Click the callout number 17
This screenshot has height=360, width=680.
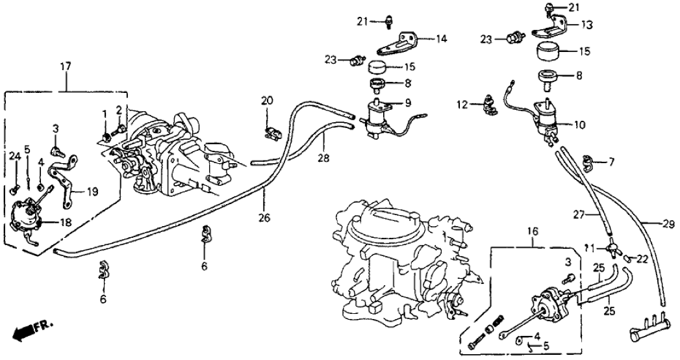point(66,66)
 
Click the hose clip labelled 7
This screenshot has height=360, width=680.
point(589,159)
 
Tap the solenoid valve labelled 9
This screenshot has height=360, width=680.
point(377,120)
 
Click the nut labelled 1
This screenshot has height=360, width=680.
point(106,136)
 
